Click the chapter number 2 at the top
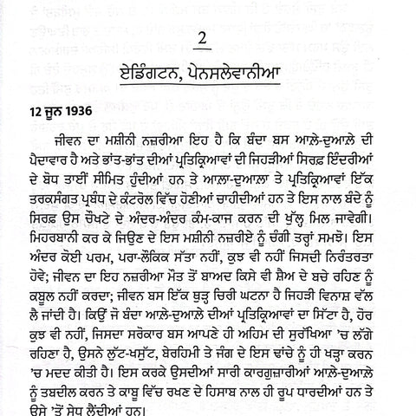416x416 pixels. [x=205, y=41]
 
